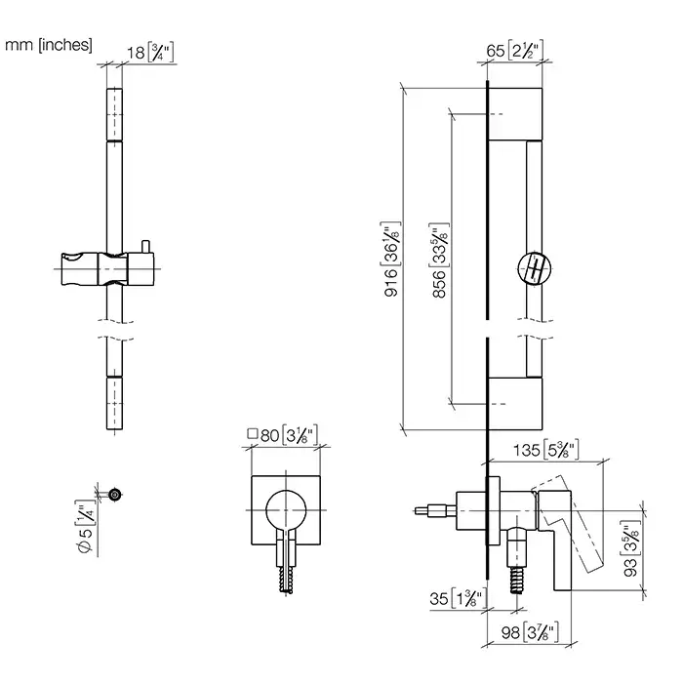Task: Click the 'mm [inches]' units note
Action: (49, 45)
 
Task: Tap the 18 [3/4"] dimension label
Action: (150, 53)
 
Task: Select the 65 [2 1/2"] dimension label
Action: (515, 51)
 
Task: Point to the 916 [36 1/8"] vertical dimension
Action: (391, 260)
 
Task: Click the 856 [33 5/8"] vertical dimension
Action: (439, 261)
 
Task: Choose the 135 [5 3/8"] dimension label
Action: (545, 450)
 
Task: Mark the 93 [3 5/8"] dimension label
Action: (630, 548)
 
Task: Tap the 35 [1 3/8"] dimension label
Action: (458, 598)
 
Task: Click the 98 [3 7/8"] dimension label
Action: (530, 632)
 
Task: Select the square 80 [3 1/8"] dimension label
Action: (283, 435)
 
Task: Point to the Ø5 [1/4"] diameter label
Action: (86, 527)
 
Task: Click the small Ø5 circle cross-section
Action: (115, 495)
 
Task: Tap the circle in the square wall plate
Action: (286, 509)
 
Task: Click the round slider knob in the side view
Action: (535, 268)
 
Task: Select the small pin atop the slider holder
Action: (145, 246)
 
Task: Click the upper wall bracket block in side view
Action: (515, 114)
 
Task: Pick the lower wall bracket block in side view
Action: (515, 404)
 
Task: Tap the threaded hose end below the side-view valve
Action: (517, 580)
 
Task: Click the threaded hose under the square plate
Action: (286, 580)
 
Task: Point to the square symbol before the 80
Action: (252, 434)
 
